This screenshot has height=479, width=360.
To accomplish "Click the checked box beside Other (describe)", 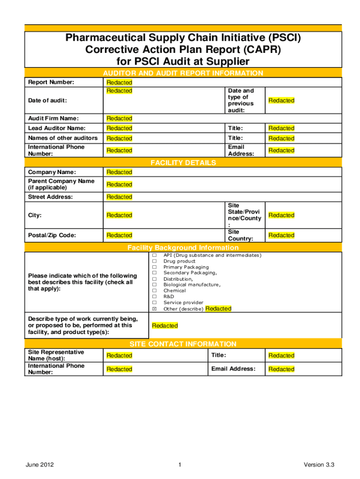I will click(154, 309).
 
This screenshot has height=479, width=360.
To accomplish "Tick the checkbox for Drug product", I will click(154, 261).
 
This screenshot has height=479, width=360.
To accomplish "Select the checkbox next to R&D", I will click(154, 297).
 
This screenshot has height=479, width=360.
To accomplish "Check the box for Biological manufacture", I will click(154, 285).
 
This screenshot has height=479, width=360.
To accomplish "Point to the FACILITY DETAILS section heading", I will click(183, 163).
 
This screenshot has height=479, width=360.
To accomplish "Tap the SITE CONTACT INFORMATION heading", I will click(183, 344).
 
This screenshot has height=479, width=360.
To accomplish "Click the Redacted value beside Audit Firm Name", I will click(119, 118).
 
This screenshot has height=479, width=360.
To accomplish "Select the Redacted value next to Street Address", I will click(119, 197).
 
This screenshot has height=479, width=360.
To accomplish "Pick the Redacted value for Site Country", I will click(281, 235).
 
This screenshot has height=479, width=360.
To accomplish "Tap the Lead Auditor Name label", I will click(50, 128).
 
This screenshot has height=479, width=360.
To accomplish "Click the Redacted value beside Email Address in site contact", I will click(281, 369).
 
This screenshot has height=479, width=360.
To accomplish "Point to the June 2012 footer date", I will click(40, 464).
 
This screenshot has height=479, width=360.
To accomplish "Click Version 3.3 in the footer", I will click(319, 464).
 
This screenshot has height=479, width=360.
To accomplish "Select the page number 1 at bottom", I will click(180, 464).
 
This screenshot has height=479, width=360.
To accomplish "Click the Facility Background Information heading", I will click(183, 247).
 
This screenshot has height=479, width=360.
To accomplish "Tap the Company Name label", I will click(46, 172).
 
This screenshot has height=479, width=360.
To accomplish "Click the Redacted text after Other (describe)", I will click(218, 309).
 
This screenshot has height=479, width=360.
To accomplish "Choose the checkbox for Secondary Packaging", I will click(154, 273).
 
